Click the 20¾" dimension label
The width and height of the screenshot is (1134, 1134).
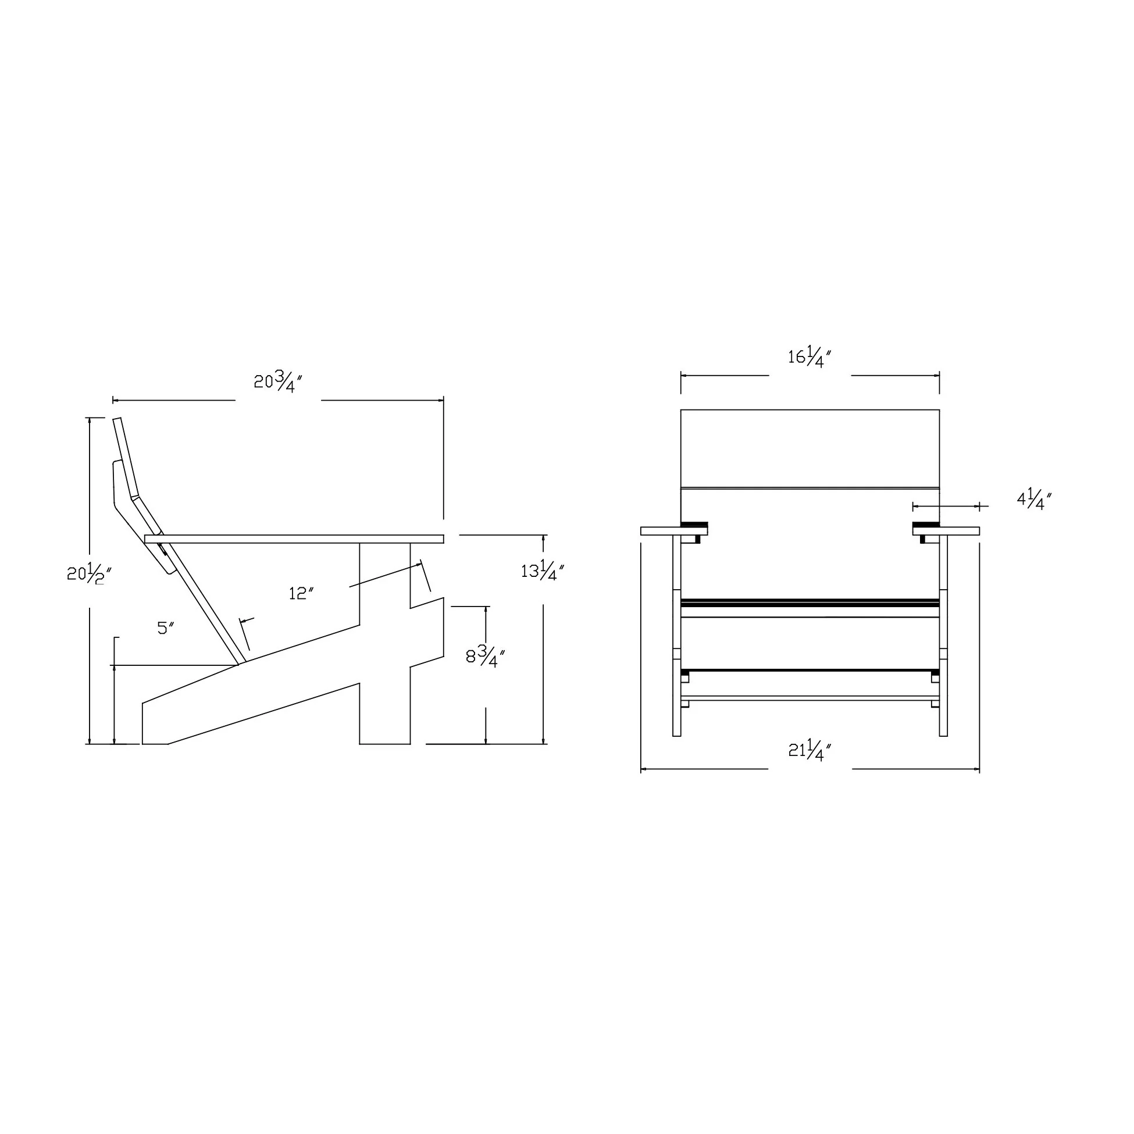(278, 383)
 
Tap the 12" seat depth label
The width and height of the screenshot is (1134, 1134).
(301, 593)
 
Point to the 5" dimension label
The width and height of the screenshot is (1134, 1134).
(166, 628)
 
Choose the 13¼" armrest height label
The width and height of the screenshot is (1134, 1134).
(543, 570)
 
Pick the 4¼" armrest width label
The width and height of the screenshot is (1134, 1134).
(1034, 500)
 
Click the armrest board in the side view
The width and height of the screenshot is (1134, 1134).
(294, 539)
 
